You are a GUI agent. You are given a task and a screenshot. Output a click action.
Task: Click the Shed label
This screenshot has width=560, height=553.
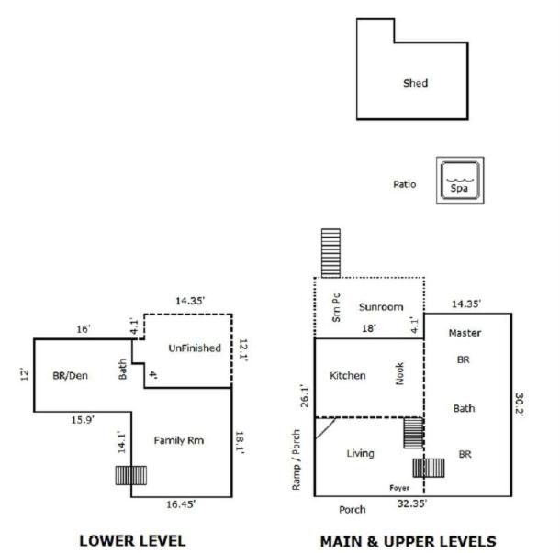(415, 83)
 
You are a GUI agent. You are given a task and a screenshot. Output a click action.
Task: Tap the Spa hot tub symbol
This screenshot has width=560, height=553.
(460, 180)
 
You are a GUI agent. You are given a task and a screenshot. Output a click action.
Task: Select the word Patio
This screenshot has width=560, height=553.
(404, 184)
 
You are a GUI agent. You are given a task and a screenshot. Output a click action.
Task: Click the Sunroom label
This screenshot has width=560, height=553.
(381, 307)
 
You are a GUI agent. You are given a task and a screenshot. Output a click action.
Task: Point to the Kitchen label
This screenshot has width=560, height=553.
(348, 375)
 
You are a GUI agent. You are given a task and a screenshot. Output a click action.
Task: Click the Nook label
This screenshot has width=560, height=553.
(399, 373)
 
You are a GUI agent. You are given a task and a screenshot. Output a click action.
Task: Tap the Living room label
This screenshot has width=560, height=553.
(360, 453)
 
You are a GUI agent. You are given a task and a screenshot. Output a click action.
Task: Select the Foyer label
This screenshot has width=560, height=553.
(399, 488)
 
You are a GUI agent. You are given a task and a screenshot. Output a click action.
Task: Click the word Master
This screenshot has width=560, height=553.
(465, 333)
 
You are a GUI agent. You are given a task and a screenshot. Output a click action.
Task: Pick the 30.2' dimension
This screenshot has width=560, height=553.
(520, 404)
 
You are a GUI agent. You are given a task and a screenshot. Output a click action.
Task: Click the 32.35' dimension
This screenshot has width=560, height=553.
(412, 503)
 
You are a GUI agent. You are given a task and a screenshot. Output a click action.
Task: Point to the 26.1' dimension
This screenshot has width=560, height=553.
(304, 395)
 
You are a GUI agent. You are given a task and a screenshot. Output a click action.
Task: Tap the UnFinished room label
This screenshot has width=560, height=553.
(195, 348)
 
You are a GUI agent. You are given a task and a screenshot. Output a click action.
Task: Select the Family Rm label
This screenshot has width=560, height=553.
(179, 440)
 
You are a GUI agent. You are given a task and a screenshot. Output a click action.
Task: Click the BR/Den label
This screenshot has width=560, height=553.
(70, 375)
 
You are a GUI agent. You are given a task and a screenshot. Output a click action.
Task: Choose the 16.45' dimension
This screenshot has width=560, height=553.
(181, 504)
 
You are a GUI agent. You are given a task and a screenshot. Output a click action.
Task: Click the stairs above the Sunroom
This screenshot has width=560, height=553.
(330, 253)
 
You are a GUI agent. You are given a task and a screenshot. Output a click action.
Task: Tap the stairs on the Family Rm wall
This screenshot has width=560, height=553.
(130, 475)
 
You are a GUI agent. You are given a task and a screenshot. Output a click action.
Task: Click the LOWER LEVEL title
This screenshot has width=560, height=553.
(132, 540)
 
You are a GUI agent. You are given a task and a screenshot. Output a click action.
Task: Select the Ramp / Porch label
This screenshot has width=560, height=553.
(297, 459)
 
